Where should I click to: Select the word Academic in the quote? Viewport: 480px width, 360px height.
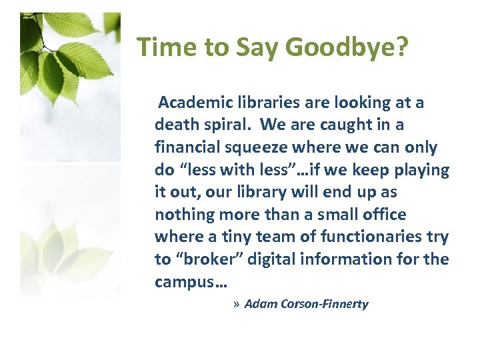(x=193, y=103)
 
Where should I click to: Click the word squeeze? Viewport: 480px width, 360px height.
(x=255, y=147)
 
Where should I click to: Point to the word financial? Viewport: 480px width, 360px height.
(x=186, y=147)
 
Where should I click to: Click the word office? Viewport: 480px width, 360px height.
(x=383, y=215)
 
